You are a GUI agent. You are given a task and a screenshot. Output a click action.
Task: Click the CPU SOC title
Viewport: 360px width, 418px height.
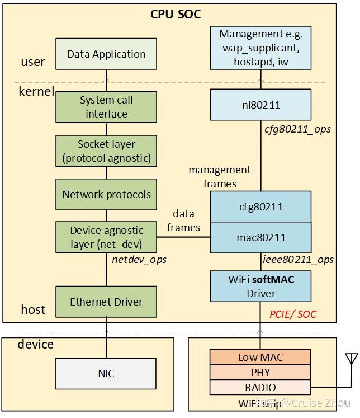pos(176,15)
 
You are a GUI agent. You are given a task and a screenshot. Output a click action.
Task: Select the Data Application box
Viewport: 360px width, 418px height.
pos(106,54)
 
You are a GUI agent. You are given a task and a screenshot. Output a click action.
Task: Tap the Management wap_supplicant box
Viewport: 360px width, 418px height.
pos(260,48)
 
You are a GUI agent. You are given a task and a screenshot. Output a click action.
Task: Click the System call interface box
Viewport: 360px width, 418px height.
pos(106,107)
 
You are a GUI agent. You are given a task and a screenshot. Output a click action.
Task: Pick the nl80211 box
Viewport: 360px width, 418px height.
pos(260,105)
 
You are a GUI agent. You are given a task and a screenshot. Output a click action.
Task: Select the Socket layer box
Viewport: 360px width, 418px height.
pos(106,151)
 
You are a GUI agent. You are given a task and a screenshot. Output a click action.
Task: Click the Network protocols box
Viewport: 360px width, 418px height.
pos(106,195)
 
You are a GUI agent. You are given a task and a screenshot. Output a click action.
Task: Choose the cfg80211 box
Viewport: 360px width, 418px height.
pos(260,206)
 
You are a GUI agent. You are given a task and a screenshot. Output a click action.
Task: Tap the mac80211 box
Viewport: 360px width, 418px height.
pos(260,237)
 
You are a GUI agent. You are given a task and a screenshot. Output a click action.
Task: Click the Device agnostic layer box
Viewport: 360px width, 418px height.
pos(106,237)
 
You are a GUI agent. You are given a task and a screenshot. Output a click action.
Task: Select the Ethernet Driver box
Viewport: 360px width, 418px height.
pos(106,302)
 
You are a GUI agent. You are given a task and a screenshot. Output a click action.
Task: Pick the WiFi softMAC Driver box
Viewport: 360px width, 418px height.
pos(260,286)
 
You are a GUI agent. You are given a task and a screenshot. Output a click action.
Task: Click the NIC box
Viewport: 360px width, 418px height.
pos(106,373)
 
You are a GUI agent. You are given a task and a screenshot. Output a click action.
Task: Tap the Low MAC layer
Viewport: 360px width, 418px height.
pos(260,357)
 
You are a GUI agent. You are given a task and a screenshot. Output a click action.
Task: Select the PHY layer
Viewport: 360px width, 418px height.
pos(260,372)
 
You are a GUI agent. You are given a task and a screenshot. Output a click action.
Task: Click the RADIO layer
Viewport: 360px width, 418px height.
pos(260,387)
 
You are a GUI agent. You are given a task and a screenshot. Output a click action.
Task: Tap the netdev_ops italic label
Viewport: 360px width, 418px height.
pos(139,260)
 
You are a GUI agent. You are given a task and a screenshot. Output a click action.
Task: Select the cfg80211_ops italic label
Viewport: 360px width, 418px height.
pos(297,129)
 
